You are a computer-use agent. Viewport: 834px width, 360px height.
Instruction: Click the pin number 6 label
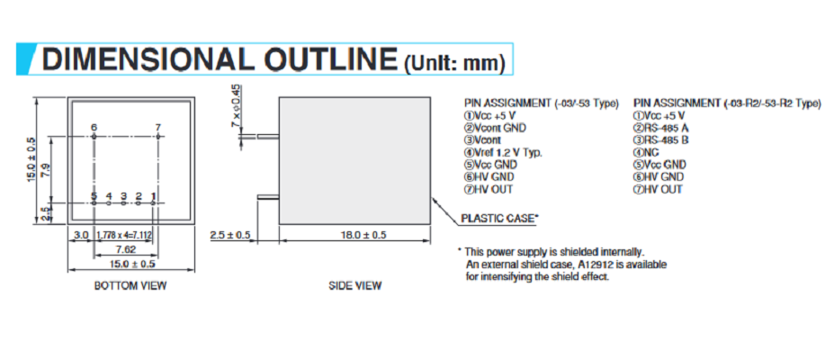point(94,128)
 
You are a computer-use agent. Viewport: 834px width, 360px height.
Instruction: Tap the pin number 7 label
point(157,128)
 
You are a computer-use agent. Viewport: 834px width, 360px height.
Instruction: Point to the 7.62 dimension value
point(126,249)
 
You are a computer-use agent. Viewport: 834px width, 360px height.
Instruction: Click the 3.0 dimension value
point(80,235)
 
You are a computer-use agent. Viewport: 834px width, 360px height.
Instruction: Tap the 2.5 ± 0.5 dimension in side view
point(230,235)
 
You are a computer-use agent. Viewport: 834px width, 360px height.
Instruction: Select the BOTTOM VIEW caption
point(130,285)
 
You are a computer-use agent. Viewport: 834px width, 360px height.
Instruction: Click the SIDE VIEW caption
point(354,285)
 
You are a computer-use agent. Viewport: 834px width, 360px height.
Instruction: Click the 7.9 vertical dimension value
point(46,169)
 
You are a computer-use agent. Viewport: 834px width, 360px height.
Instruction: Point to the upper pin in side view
point(268,137)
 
